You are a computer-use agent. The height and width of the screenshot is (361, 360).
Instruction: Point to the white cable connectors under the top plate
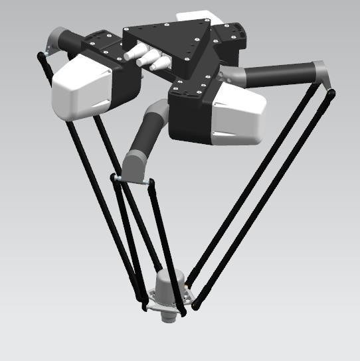click(x=149, y=59)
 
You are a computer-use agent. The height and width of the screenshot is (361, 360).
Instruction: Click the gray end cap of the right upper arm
click(x=319, y=72)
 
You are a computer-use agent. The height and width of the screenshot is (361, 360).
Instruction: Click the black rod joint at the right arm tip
click(x=330, y=92)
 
